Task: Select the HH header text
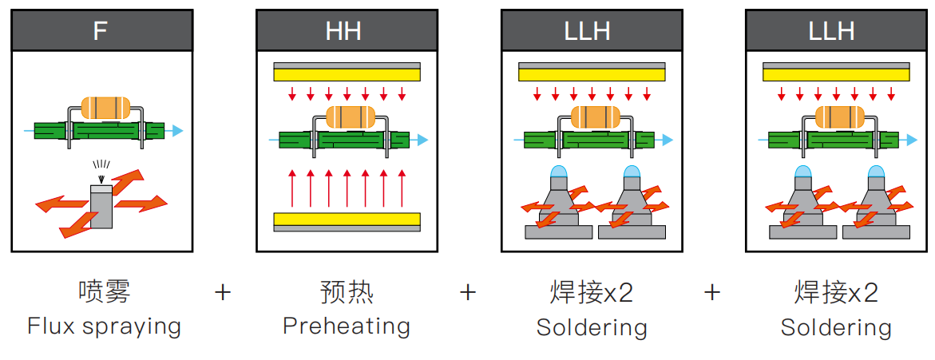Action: (343, 30)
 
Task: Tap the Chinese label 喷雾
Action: (105, 293)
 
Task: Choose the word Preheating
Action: (347, 327)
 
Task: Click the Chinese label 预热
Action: (347, 293)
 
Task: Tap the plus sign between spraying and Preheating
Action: (223, 293)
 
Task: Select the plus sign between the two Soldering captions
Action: (712, 293)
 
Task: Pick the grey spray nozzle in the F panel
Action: (101, 206)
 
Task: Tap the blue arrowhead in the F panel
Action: (178, 131)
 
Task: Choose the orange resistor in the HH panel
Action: (350, 117)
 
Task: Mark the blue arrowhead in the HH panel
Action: (422, 140)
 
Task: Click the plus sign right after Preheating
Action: (468, 293)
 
